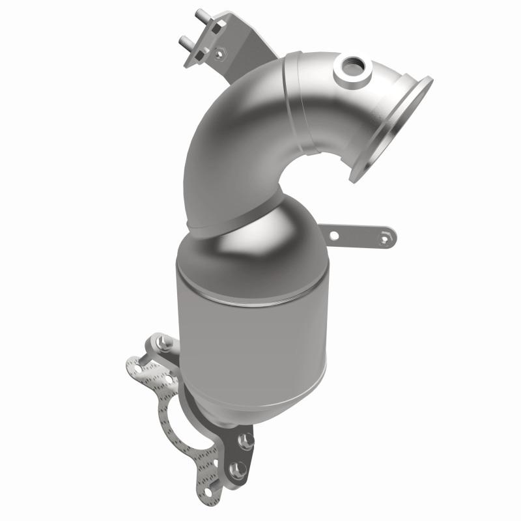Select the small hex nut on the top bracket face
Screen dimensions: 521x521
click(x=219, y=51)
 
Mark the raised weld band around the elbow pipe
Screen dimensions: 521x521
click(x=300, y=104)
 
